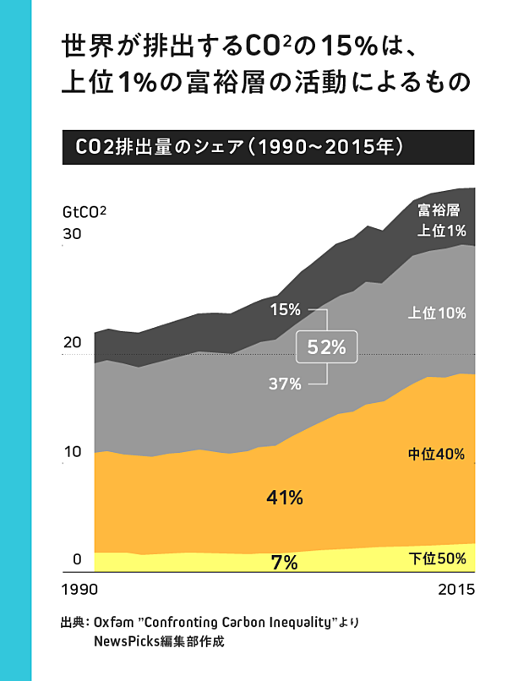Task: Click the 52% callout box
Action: coord(327,346)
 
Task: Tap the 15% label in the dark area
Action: coord(285,309)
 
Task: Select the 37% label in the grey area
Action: coord(285,384)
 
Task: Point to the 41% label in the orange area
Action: coord(284,498)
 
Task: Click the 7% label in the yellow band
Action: coord(284,561)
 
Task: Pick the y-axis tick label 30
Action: coord(72,234)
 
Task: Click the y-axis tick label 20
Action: coord(72,343)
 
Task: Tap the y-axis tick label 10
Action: coord(72,451)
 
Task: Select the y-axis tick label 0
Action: coord(76,559)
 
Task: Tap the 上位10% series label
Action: coord(437,313)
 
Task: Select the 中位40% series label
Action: coord(436,455)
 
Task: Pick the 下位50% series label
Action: coord(438,558)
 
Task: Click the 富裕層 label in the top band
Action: coord(439,210)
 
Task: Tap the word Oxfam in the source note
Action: coord(112,623)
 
